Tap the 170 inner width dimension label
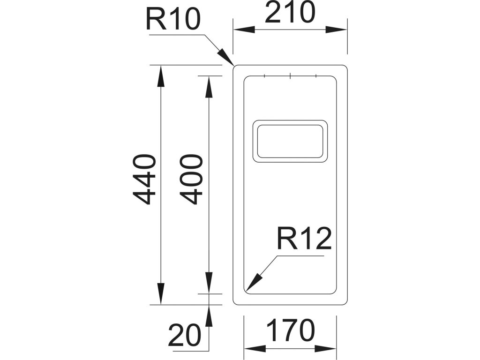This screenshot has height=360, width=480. point(291,331)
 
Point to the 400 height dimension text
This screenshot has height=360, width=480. point(191,180)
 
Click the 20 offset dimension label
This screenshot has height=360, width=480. point(184,336)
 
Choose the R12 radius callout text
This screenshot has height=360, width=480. point(304,239)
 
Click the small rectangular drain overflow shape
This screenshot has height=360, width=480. point(290,141)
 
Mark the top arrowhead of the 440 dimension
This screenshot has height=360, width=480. point(160,75)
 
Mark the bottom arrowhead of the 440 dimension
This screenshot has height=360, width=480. point(160,294)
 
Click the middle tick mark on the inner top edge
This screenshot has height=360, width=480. point(291,75)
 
